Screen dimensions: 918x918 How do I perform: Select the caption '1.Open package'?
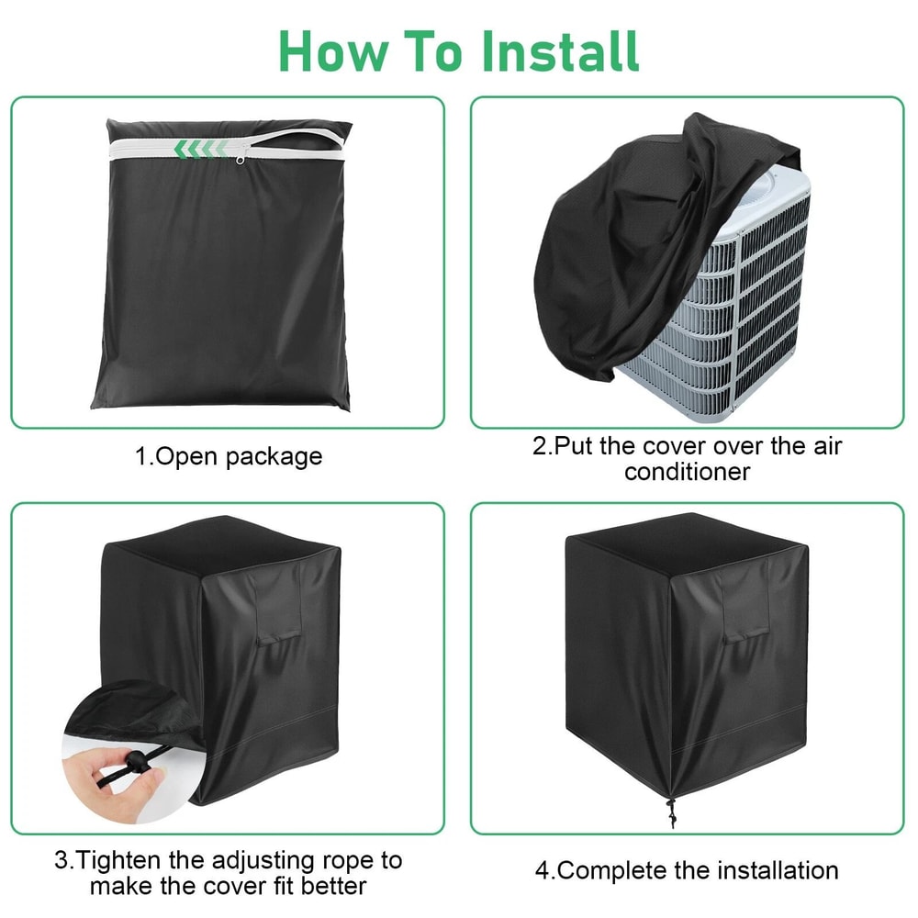229,456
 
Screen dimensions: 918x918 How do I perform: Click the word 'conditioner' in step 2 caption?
687,472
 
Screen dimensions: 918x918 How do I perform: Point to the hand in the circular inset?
115,780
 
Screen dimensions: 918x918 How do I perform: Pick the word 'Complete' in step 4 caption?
613,869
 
